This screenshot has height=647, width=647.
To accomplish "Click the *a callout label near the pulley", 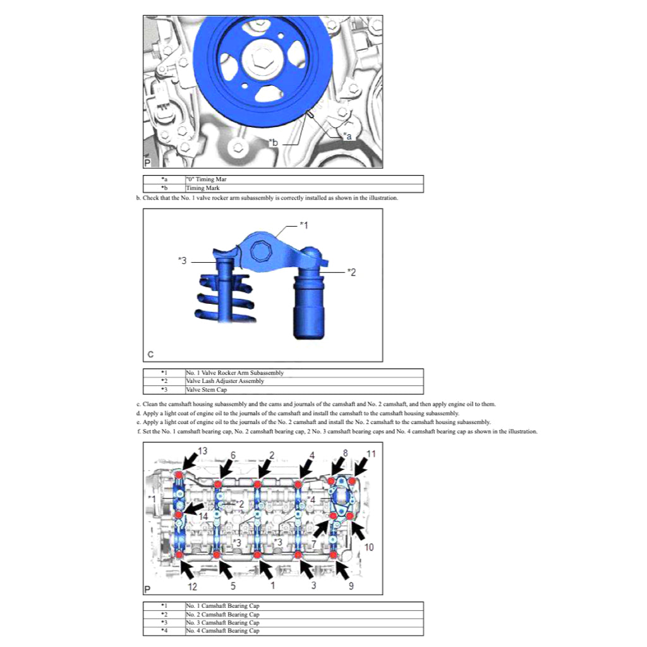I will pos(347,135).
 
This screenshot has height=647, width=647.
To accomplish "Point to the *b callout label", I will pos(273,143).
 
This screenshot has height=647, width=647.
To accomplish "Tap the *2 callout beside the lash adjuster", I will pos(352,272).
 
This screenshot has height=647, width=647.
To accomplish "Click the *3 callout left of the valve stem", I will pos(183,260).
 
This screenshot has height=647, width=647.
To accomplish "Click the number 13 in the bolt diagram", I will pos(202,450).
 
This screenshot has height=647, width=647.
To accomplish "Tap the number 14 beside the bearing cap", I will pos(202,516).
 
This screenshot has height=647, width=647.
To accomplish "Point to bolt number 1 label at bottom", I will pos(272,586).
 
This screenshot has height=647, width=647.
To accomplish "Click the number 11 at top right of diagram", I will pos(372,453).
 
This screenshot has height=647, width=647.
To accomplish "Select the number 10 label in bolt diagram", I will pos(369,547).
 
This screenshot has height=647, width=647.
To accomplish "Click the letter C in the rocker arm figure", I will pos(150,354).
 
